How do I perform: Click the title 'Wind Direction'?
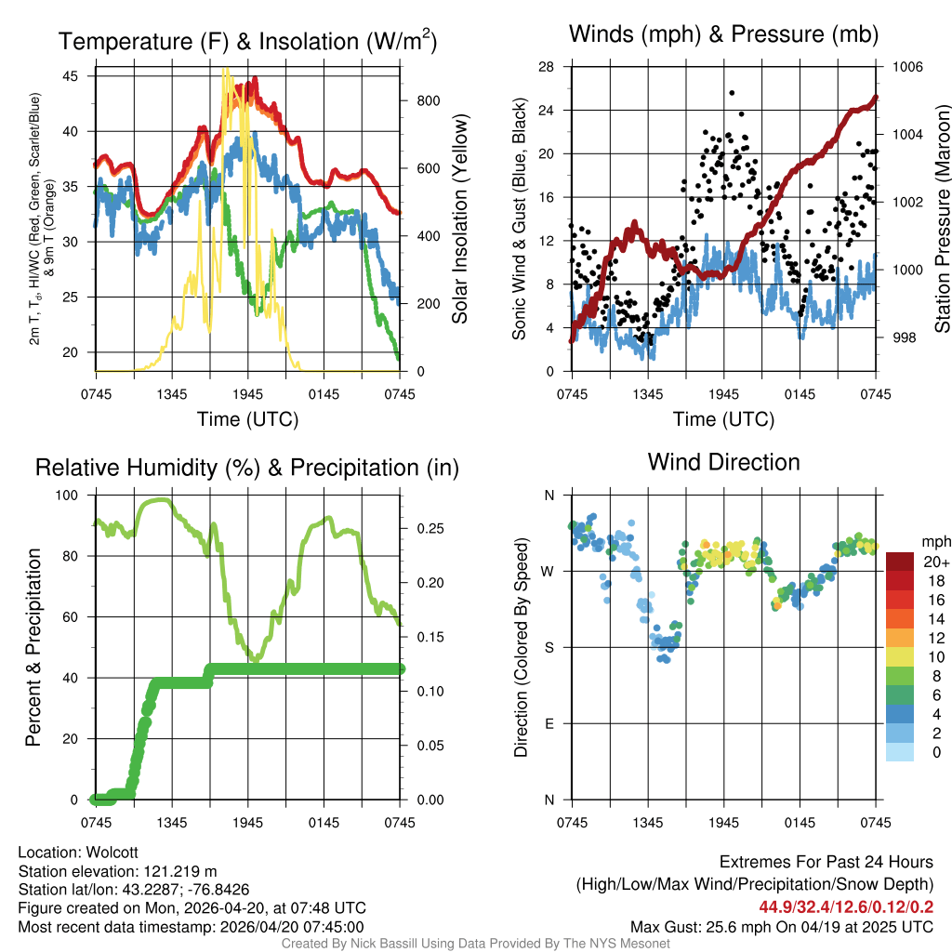723,462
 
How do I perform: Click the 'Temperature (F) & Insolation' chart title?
247,42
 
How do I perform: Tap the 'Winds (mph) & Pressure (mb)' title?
723,35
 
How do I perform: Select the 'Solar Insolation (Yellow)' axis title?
459,219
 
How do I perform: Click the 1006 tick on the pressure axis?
906,67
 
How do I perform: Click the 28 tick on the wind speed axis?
546,67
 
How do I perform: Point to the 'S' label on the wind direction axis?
549,648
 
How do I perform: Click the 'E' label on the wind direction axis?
549,724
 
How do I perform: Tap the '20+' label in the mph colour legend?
935,562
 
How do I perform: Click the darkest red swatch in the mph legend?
900,562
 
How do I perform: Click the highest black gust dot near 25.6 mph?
732,93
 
